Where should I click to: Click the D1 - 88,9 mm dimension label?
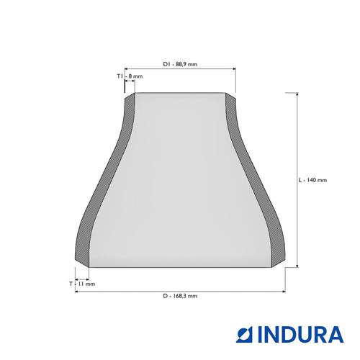(180, 64)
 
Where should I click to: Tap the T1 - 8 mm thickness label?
(130, 76)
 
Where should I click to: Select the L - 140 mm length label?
(312, 180)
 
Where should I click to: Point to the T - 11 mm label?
(82, 284)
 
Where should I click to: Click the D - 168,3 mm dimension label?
(180, 296)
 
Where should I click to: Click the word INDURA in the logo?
(301, 334)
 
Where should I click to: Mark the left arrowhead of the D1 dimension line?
(127, 68)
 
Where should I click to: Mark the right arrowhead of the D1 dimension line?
(234, 68)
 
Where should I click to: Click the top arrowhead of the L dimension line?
(297, 94)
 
